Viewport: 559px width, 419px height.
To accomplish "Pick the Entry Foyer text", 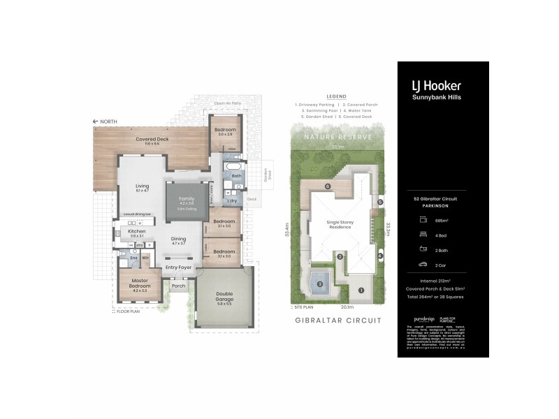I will click(177, 267).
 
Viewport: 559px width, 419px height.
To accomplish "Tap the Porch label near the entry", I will click(177, 285).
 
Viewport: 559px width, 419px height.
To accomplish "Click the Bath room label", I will click(236, 176).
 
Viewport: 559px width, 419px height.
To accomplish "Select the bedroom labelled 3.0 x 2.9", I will click(225, 132).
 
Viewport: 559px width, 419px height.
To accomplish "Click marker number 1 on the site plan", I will click(361, 290).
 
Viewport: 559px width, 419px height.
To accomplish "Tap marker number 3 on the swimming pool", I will click(319, 284).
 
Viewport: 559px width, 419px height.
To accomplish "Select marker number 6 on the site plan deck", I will click(327, 186).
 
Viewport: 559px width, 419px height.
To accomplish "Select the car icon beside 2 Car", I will click(423, 265).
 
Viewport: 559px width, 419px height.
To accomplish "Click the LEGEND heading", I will click(336, 96).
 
